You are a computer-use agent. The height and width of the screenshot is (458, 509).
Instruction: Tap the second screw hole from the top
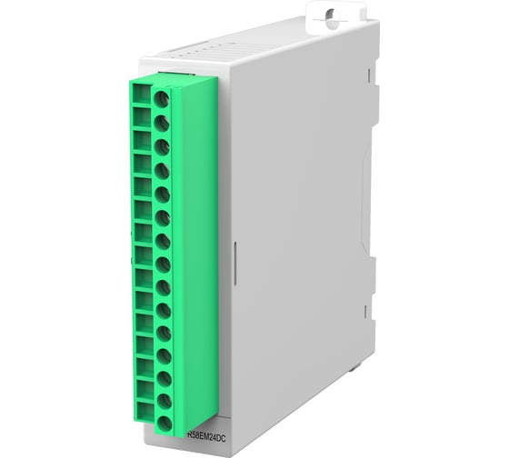(x=162, y=121)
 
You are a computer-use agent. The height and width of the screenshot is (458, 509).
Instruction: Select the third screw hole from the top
(x=163, y=145)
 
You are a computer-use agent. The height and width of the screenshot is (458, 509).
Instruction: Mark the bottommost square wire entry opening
(x=143, y=418)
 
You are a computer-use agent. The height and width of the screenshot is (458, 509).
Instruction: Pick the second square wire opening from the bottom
(x=143, y=395)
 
